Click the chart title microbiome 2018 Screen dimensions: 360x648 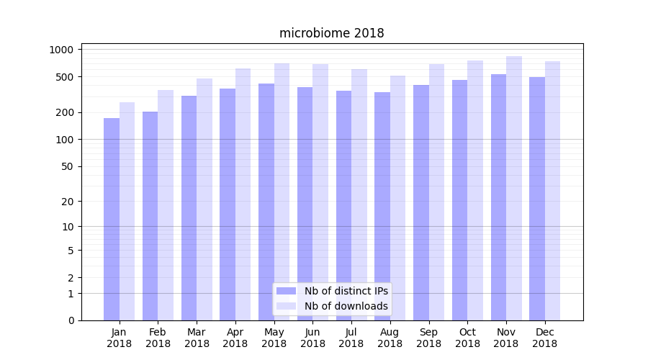331,33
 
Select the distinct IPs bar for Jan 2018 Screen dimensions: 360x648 112,219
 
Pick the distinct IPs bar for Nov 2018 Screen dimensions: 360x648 498,197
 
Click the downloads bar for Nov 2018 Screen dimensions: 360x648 514,188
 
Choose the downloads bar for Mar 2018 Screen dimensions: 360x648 204,199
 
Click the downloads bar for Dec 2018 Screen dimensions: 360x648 552,191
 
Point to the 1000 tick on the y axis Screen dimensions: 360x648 61,50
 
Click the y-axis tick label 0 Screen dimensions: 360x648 71,320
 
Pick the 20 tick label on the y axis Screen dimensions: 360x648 68,202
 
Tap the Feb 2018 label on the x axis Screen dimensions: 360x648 158,338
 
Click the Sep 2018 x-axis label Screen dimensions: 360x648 428,338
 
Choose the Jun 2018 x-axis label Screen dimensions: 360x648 312,338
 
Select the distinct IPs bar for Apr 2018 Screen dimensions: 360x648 228,204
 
